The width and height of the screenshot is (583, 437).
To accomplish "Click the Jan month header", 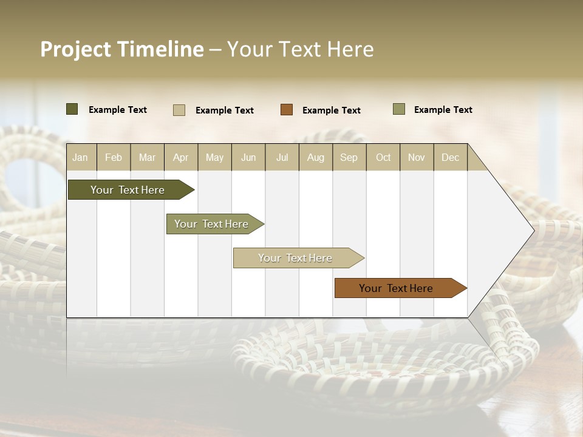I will pyautogui.click(x=80, y=157).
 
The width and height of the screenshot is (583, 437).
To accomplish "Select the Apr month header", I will pyautogui.click(x=180, y=157).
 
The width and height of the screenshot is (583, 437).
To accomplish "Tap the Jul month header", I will pyautogui.click(x=282, y=157).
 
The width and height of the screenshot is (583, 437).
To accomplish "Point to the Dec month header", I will pyautogui.click(x=450, y=157).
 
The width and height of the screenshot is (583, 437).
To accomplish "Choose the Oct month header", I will pyautogui.click(x=383, y=157).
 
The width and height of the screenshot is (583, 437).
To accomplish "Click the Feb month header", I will pyautogui.click(x=114, y=157).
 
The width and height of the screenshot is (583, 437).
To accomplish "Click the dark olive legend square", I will pyautogui.click(x=72, y=109).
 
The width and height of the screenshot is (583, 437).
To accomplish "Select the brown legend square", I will pyautogui.click(x=287, y=110).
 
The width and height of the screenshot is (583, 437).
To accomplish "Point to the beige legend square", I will pyautogui.click(x=179, y=110).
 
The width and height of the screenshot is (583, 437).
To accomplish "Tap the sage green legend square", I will pyautogui.click(x=399, y=109).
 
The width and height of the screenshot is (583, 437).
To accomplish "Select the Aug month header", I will pyautogui.click(x=315, y=157).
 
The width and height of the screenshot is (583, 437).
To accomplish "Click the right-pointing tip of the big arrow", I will pyautogui.click(x=532, y=230).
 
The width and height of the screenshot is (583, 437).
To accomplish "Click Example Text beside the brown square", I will pyautogui.click(x=331, y=110).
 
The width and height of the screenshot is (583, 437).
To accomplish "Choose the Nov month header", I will pyautogui.click(x=416, y=157).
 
